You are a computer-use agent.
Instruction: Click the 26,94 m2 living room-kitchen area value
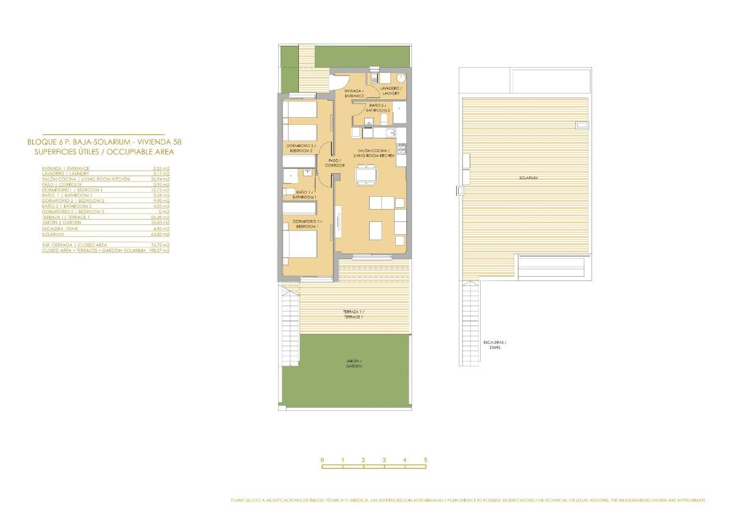click(x=162, y=179)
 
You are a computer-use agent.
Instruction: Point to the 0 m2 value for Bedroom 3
click(x=163, y=212)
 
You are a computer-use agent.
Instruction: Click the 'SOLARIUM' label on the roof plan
click(x=528, y=177)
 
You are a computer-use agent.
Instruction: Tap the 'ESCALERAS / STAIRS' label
click(x=494, y=345)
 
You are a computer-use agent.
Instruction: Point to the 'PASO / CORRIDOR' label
click(x=335, y=163)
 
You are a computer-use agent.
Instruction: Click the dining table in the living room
click(x=367, y=175)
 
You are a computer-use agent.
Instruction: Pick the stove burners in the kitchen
click(x=401, y=149)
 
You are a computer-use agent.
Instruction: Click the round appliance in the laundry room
click(x=400, y=78)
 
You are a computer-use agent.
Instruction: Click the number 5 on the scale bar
click(x=426, y=460)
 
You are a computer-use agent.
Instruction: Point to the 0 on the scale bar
click(x=322, y=460)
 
